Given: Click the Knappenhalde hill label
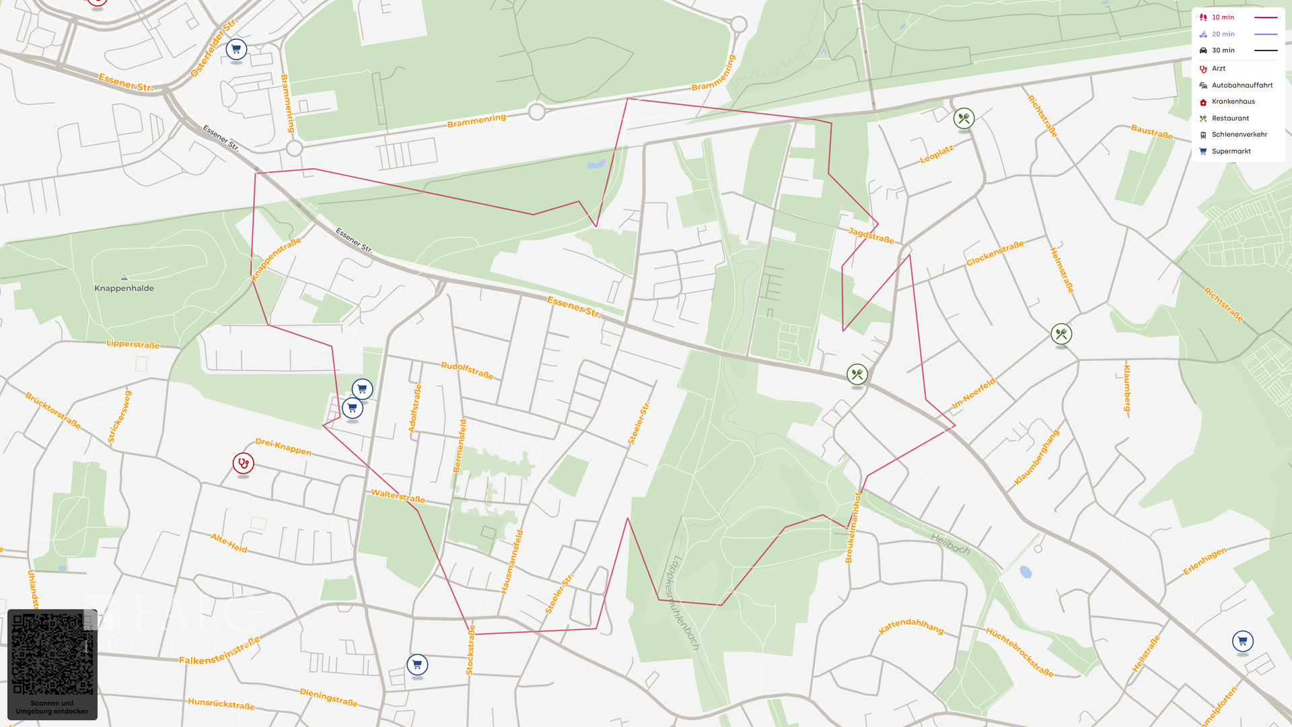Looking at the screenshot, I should [x=124, y=288].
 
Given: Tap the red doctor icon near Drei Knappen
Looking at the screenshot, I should [x=243, y=463].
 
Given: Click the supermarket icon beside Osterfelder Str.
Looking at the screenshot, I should [x=236, y=49].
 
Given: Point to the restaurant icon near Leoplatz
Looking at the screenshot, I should [x=964, y=118].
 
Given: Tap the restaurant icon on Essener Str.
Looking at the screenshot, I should [x=857, y=374].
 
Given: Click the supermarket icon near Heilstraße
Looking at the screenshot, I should [x=1242, y=641].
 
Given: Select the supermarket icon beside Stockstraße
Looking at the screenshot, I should [x=417, y=665].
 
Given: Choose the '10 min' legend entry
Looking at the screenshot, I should [x=1223, y=18].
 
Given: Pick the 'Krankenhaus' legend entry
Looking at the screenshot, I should [x=1233, y=102].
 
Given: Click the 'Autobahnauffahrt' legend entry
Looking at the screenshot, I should [x=1242, y=85].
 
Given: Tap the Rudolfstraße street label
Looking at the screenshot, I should [x=467, y=370].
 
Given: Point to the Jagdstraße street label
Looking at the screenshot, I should [x=871, y=236].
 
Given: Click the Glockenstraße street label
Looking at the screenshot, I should [x=995, y=253].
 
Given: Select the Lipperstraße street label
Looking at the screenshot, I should [x=133, y=344].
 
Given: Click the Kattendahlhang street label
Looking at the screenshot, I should [x=911, y=626].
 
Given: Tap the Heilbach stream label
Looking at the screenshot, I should [x=950, y=543].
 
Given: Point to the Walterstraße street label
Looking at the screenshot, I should [x=398, y=496].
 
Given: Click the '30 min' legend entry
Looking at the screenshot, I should [x=1223, y=50].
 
